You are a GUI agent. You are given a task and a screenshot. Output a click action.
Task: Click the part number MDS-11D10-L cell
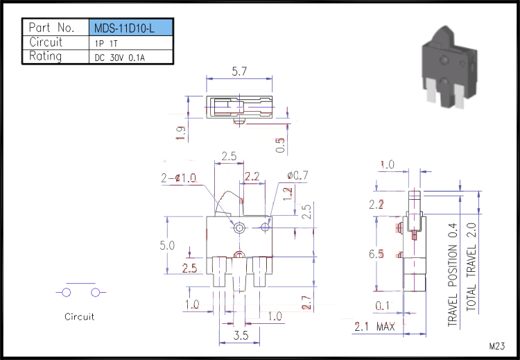point(131,27)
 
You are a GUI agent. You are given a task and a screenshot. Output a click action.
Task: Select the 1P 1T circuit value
point(106,44)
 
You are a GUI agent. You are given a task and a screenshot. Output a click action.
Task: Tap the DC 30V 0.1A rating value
point(120,58)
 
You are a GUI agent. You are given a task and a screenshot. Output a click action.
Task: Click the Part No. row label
point(51,28)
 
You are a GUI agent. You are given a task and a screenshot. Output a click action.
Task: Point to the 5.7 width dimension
point(239,71)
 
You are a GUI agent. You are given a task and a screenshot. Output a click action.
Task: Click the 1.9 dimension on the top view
point(181,133)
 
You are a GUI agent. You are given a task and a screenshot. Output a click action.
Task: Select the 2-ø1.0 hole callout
point(178,178)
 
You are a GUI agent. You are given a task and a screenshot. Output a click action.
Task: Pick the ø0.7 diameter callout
point(298,175)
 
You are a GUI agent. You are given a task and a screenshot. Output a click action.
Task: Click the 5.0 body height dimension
point(167,246)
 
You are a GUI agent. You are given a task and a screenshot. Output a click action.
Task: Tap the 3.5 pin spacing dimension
point(241,335)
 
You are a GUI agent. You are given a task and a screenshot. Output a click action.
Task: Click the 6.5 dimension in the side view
point(376,254)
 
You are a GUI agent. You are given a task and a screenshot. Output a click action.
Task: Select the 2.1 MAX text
point(374,327)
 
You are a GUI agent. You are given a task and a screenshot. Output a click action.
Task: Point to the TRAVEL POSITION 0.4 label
point(453,275)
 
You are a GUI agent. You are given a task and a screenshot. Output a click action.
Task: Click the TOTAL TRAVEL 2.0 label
point(471,267)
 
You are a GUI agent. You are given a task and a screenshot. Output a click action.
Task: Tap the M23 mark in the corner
point(497,346)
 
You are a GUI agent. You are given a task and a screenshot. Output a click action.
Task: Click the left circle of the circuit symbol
point(67,293)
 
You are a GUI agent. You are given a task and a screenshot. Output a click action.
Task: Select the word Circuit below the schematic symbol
point(79,317)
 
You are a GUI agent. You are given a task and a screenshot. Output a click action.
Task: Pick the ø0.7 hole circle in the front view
point(265,228)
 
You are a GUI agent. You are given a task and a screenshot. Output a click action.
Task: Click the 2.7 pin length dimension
point(307,302)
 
